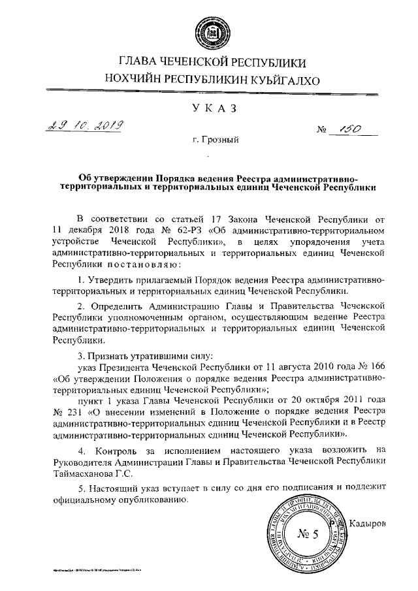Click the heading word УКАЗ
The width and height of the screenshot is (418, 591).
click(210, 108)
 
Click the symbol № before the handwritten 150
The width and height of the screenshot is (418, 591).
click(321, 131)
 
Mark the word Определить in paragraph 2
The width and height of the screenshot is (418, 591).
click(116, 306)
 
